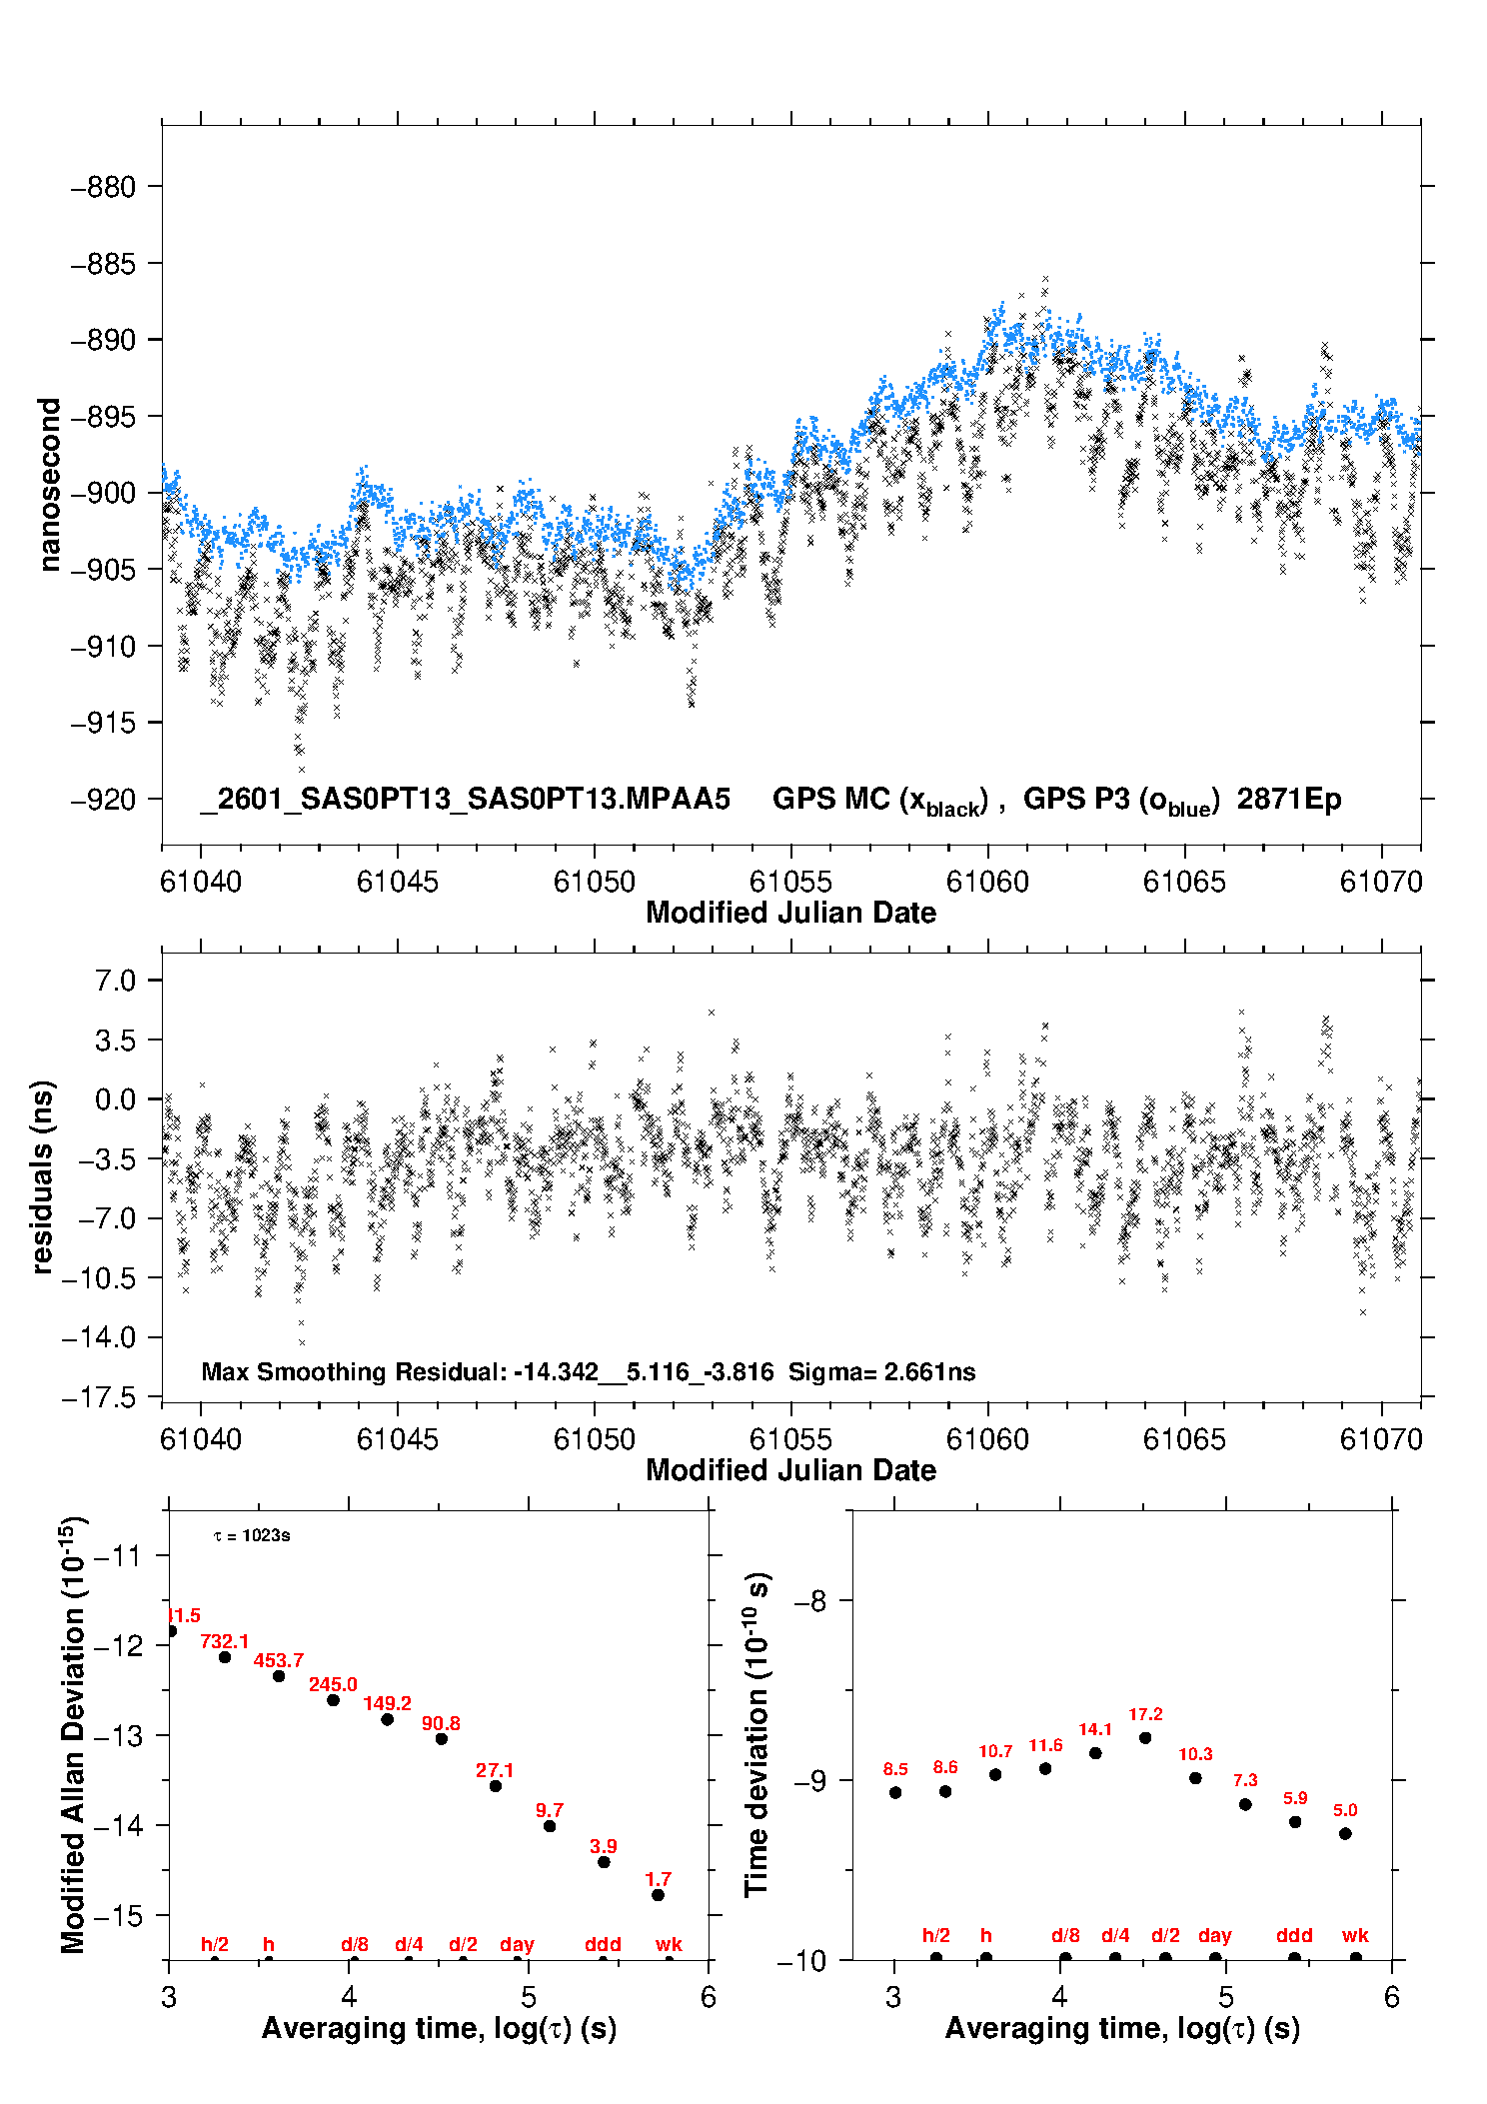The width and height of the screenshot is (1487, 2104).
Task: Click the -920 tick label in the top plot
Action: point(103,800)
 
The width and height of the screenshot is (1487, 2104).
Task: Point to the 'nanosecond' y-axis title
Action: point(49,485)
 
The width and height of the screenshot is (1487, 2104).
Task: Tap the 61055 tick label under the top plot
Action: point(790,882)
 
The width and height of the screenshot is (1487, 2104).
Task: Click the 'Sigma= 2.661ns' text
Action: point(881,1371)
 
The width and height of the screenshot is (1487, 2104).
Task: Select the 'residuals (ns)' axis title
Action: point(42,1177)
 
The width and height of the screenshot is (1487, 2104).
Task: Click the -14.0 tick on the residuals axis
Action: point(99,1337)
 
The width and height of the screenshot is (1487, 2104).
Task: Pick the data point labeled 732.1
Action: point(225,1657)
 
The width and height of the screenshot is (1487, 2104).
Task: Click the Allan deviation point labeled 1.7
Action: point(658,1895)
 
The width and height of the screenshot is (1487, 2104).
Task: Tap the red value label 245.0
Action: point(333,1685)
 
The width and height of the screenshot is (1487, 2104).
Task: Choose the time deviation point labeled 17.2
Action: point(1145,1738)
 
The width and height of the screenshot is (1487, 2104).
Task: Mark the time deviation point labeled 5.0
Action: point(1345,1834)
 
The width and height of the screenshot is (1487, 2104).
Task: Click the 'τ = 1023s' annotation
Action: point(252,1535)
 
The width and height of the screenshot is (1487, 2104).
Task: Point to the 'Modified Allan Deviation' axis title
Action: point(73,1735)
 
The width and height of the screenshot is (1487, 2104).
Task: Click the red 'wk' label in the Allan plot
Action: point(669,1944)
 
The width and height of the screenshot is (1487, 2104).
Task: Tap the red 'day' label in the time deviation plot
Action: point(1215,1936)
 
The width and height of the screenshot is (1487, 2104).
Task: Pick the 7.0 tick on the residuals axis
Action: point(115,981)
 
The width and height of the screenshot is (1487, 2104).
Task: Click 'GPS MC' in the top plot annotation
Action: point(830,799)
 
